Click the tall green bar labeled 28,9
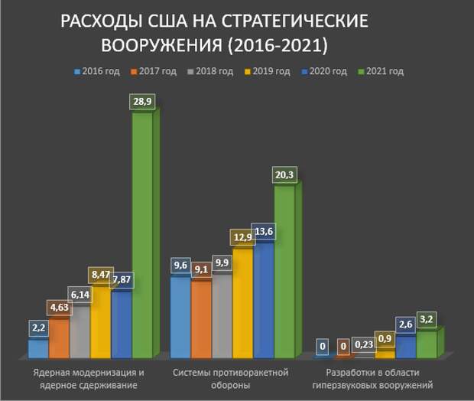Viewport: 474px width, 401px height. coord(142,237)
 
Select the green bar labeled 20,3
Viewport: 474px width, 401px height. coord(284,272)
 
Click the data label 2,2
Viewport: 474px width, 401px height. coord(39,328)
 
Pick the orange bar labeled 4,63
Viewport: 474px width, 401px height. coord(59,340)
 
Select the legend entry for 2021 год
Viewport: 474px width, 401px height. coord(380,72)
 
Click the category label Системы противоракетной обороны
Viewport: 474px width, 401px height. coord(229,379)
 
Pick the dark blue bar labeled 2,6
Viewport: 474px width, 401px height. coord(405,347)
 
